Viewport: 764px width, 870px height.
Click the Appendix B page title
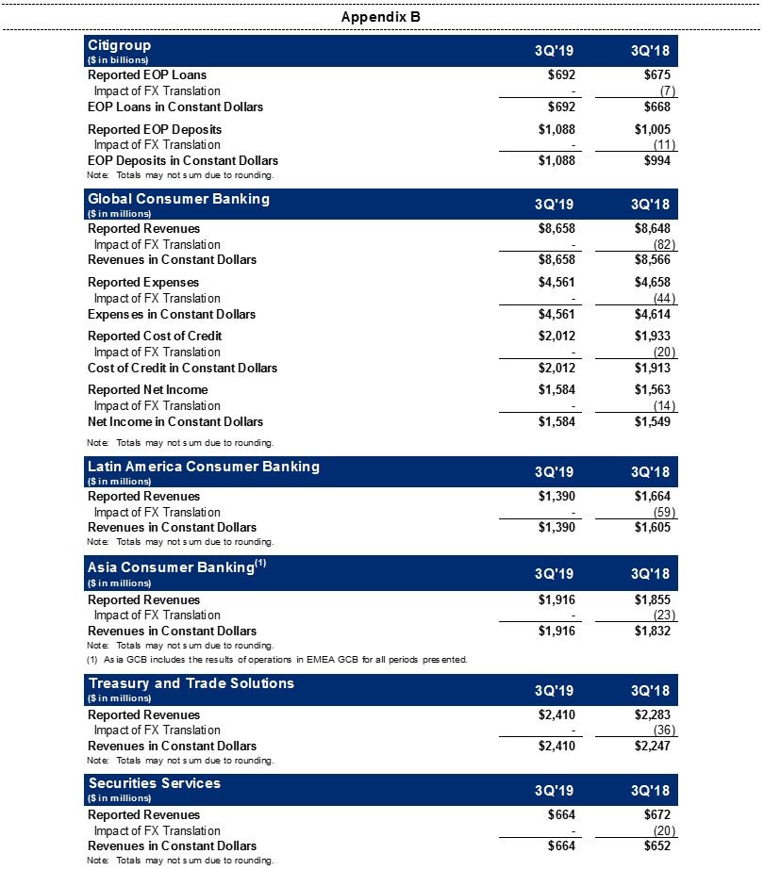[381, 17]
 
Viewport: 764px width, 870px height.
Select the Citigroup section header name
[119, 45]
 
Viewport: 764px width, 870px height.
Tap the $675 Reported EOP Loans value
[652, 74]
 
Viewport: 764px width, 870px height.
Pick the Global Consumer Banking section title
[178, 199]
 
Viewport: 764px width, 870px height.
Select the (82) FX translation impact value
[658, 244]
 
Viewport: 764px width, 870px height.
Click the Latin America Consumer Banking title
[204, 467]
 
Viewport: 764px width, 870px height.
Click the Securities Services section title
[154, 783]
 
